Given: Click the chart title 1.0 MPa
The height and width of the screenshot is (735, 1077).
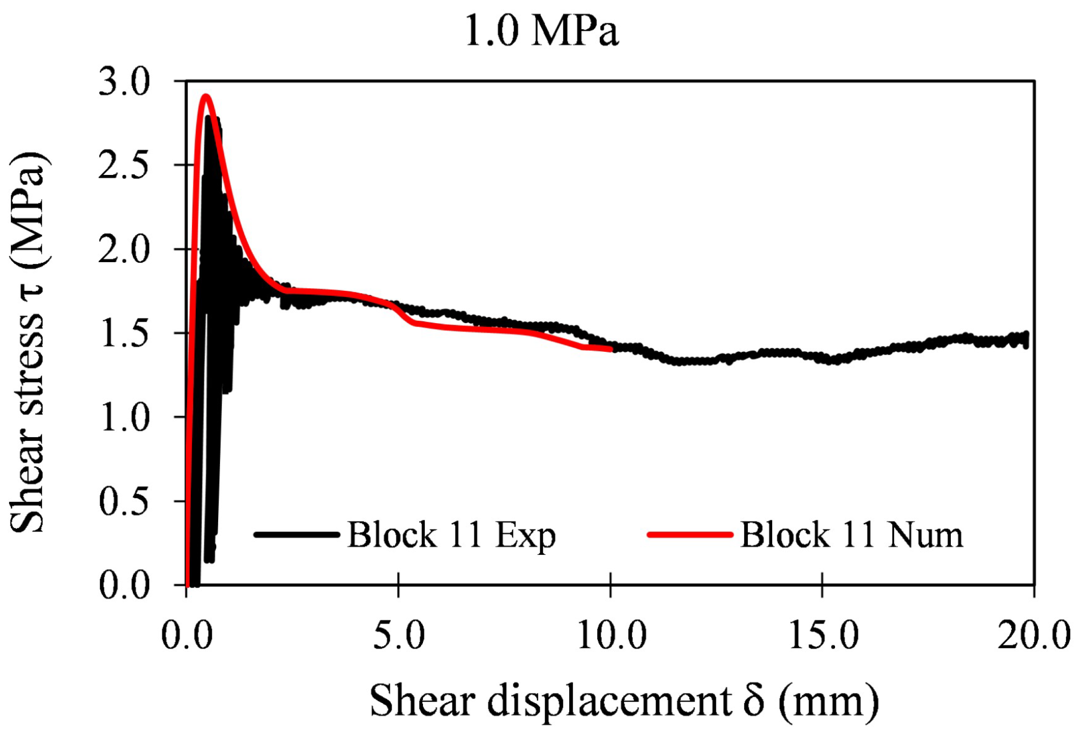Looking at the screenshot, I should (x=541, y=31).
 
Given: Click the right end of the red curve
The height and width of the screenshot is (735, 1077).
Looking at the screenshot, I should (x=610, y=349).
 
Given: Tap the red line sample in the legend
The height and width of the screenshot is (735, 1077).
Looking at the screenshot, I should (x=689, y=535).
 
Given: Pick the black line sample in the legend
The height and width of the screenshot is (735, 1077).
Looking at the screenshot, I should (x=297, y=535).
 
